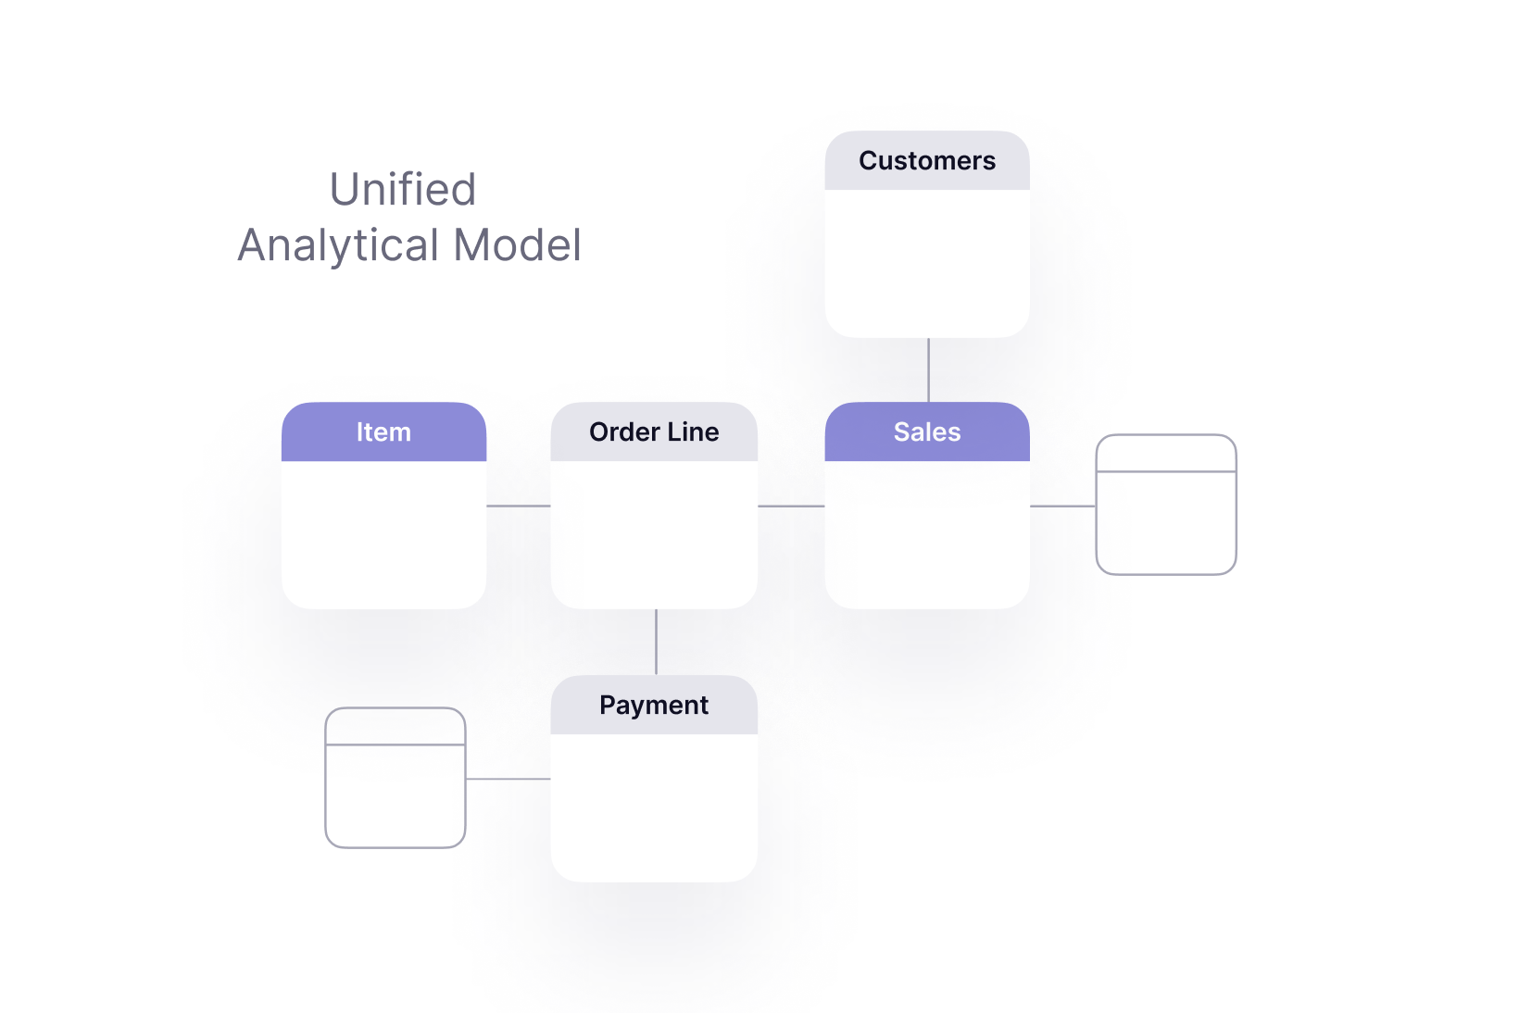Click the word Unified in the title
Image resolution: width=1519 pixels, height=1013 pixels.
coord(403,189)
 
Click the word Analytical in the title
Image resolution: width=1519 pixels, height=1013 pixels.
coord(338,246)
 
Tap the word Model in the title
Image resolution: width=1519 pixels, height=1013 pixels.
coord(518,244)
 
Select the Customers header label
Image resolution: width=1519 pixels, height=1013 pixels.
coord(927,161)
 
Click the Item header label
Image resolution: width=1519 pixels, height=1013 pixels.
coord(383,431)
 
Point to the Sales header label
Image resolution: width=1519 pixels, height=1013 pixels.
coord(927,431)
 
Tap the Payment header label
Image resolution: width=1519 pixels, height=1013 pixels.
coord(654,706)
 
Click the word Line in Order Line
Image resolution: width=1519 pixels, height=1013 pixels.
coord(694,431)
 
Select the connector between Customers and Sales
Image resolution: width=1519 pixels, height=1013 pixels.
coord(928,370)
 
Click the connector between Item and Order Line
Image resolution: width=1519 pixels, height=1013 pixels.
coord(519,506)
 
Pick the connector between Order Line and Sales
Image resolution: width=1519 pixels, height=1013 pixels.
coord(791,506)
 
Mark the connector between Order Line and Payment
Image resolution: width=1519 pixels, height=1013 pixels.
coord(656,642)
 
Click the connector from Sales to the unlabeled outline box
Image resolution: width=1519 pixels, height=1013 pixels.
coord(1062,506)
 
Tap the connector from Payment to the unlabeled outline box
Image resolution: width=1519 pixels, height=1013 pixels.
coord(508,779)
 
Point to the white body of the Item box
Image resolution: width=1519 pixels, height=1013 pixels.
coord(383,534)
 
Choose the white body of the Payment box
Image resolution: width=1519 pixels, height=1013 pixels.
coord(654,807)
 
